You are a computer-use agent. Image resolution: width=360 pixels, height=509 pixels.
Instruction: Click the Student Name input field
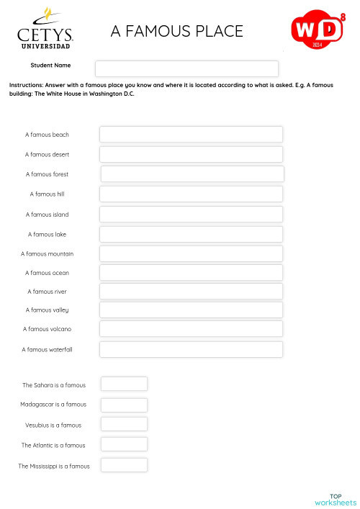coord(186,68)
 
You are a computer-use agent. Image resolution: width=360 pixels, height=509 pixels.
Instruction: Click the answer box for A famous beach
coord(191,135)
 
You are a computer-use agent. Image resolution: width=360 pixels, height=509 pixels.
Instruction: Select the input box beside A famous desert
coord(191,154)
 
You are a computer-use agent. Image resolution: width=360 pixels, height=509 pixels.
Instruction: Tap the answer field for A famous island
coord(191,214)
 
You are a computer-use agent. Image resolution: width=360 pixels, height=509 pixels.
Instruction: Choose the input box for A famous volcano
coord(191,329)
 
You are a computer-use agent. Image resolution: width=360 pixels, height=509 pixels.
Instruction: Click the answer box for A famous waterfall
coord(191,349)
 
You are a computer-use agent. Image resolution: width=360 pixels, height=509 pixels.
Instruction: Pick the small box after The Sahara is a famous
coord(124,384)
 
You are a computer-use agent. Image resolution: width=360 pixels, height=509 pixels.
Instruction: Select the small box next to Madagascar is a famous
coord(124,405)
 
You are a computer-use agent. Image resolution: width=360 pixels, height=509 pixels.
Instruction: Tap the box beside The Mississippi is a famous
coord(124,465)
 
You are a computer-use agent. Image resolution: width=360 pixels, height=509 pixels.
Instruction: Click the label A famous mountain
coord(47,254)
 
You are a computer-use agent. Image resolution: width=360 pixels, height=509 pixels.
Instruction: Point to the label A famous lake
coord(47,234)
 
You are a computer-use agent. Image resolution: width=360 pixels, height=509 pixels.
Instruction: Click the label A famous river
coord(47,292)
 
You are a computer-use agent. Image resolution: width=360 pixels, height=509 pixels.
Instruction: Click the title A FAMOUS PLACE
coord(176,31)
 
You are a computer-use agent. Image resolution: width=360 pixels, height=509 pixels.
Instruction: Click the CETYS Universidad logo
coord(45,30)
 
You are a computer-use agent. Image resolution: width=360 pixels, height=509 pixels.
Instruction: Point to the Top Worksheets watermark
coord(335,499)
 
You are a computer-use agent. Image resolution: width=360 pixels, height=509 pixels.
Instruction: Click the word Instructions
coord(26,85)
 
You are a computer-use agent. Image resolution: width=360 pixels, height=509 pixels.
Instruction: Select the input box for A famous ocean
coord(191,273)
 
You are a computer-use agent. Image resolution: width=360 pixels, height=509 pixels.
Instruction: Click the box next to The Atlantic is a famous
coord(124,444)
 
